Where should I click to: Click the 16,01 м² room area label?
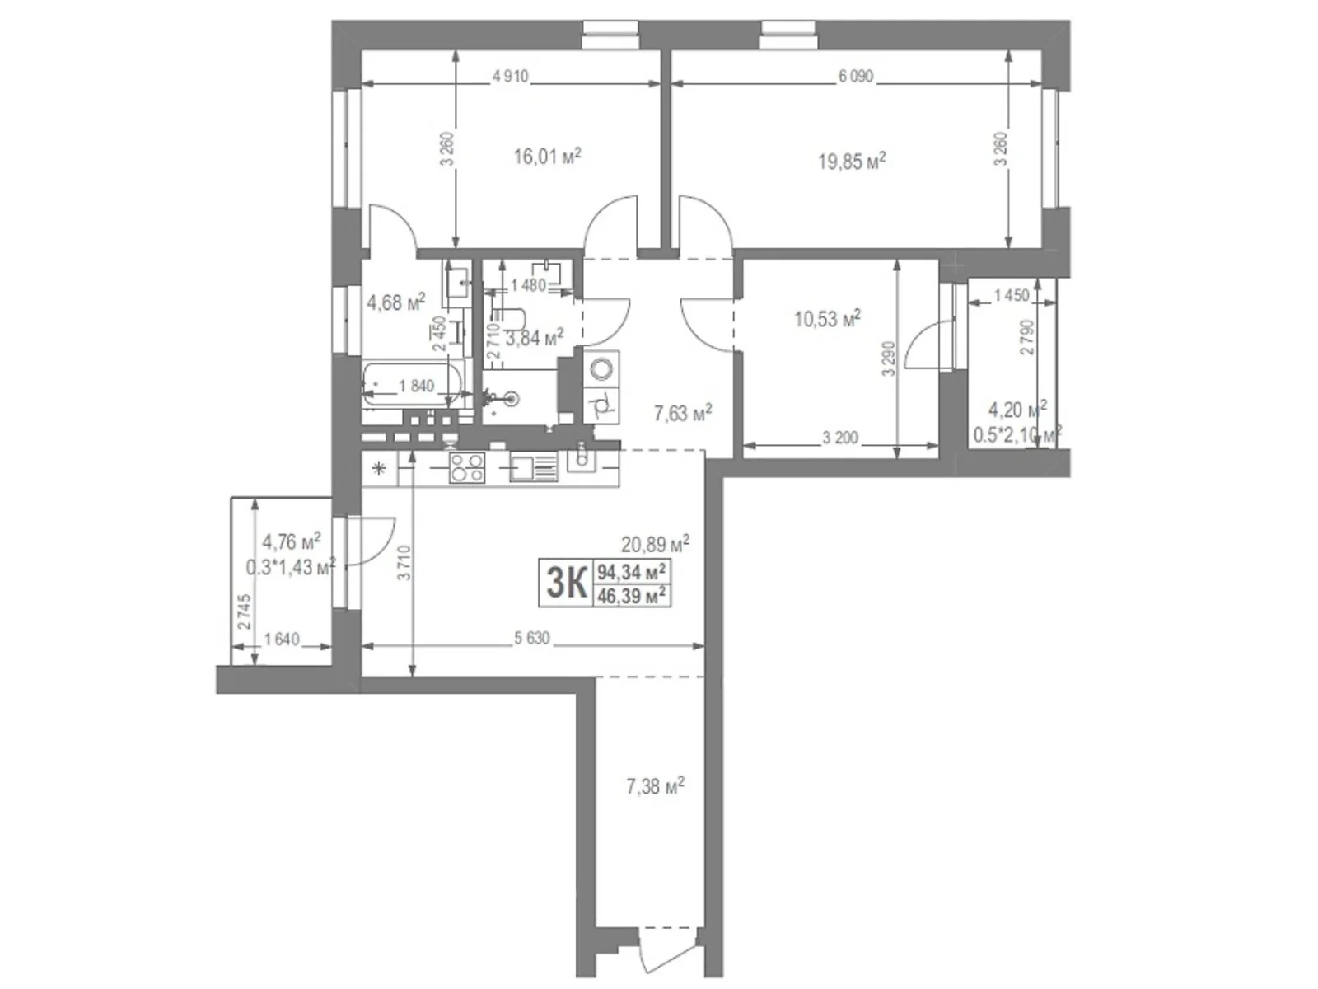(x=547, y=156)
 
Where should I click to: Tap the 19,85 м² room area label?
(x=851, y=161)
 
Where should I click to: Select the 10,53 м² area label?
(x=826, y=318)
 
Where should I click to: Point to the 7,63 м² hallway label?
(x=682, y=412)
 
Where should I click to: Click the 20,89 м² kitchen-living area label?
(x=655, y=544)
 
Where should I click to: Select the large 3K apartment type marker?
(x=566, y=583)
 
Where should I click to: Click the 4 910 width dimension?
(x=510, y=77)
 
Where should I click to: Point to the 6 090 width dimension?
(x=856, y=77)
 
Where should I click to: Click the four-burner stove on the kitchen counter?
(x=466, y=468)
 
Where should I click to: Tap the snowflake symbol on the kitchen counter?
(x=379, y=470)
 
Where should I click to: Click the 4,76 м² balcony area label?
(x=291, y=542)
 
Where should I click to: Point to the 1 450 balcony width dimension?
(x=1012, y=295)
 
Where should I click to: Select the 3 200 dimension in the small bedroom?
(x=839, y=438)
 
